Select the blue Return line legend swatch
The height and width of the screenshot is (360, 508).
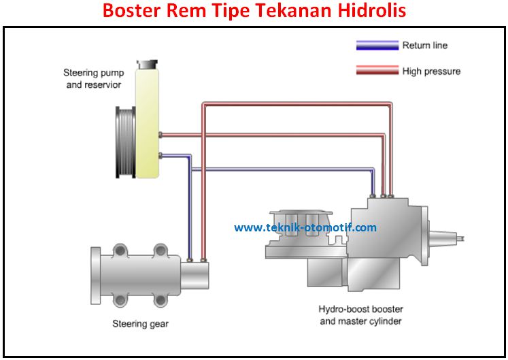click(x=377, y=46)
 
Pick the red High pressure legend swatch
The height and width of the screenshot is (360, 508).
click(x=377, y=71)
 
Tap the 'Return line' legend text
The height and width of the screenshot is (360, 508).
click(x=425, y=46)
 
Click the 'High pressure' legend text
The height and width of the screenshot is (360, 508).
click(x=431, y=71)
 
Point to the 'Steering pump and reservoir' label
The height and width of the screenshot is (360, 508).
click(x=92, y=78)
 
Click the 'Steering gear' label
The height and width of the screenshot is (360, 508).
click(x=140, y=324)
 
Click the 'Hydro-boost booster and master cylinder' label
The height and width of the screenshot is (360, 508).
click(x=360, y=315)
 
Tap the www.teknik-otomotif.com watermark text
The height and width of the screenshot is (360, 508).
click(x=305, y=228)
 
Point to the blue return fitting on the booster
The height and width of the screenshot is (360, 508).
click(x=372, y=196)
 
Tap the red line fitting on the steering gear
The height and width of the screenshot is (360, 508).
click(x=203, y=259)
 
